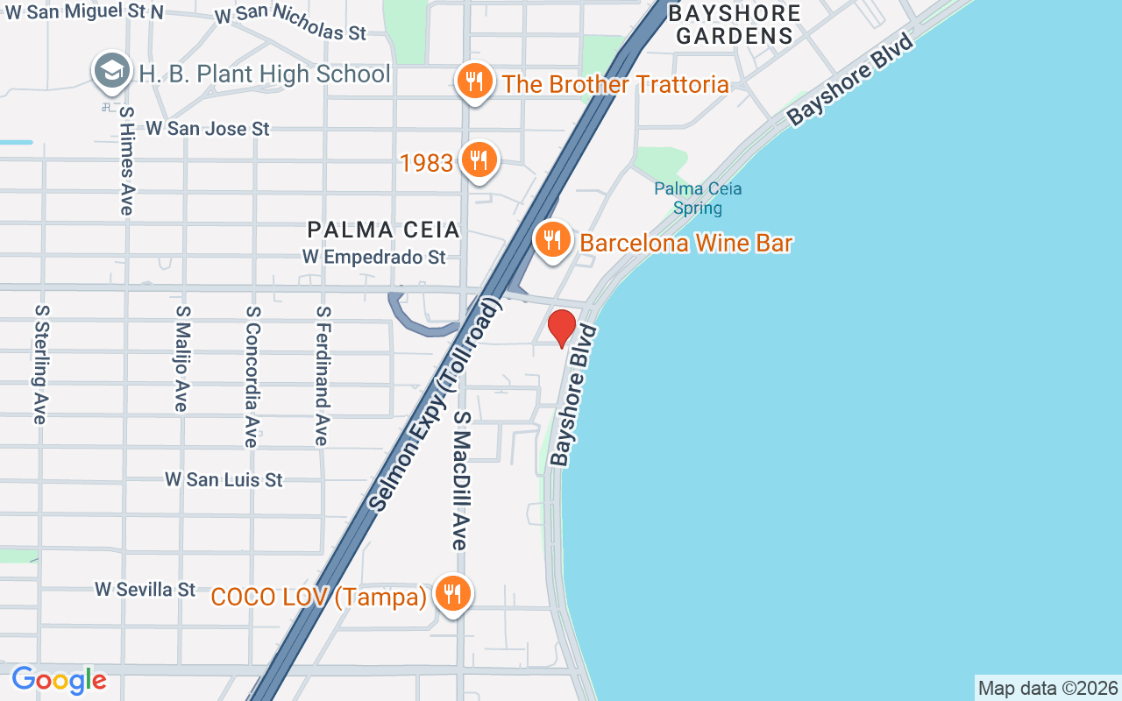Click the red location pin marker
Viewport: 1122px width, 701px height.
point(562,328)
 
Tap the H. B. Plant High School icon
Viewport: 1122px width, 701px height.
point(111,73)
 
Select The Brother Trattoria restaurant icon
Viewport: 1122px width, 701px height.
point(474,83)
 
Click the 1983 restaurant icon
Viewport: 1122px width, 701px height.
point(479,160)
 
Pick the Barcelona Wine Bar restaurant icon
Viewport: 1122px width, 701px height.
point(552,238)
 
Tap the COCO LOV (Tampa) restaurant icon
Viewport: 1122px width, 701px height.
point(452,594)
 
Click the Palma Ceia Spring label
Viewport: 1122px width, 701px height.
point(698,198)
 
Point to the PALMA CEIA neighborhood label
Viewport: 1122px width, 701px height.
point(384,230)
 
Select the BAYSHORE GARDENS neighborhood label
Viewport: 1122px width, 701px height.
point(735,25)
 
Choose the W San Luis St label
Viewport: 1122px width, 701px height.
point(224,480)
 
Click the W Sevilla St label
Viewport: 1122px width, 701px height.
point(146,589)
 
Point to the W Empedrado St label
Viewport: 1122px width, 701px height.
point(374,257)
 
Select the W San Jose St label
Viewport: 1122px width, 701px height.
point(208,129)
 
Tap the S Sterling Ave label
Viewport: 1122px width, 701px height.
point(39,365)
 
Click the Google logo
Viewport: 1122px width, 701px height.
point(59,680)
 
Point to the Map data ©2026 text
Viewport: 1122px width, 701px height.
point(1048,689)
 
